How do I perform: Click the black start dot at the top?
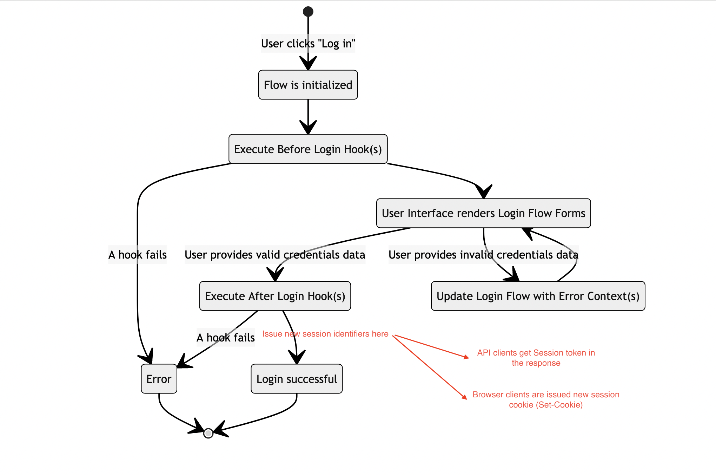(308, 12)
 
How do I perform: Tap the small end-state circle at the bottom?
(208, 433)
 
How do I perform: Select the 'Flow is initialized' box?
(308, 85)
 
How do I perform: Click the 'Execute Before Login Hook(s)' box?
(308, 149)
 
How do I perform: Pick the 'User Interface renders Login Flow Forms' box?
(483, 213)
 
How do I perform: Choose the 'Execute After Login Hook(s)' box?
(275, 296)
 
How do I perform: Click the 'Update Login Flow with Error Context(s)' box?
(538, 296)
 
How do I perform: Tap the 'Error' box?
(159, 379)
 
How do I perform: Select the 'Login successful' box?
(297, 379)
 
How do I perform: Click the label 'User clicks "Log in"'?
(308, 44)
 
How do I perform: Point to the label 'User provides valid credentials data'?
(275, 255)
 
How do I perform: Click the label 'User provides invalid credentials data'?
(483, 255)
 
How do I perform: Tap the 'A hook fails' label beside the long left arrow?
(137, 255)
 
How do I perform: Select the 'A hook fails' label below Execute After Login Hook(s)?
(225, 338)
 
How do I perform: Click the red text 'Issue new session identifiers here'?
(325, 334)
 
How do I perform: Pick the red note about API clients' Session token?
(536, 358)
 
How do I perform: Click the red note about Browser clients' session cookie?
(545, 399)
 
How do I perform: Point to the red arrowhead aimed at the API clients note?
(466, 357)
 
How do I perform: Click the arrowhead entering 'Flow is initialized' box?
(308, 64)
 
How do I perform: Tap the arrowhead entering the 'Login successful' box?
(297, 358)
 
